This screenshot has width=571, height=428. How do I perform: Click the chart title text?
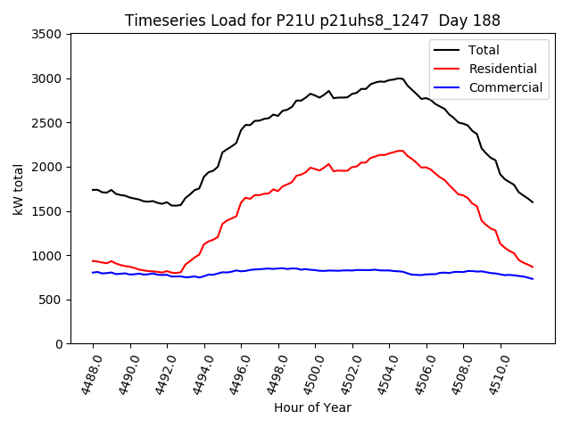[x=312, y=20]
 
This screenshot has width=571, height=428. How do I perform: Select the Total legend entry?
[x=484, y=50]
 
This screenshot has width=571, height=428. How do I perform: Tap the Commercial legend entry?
[x=505, y=87]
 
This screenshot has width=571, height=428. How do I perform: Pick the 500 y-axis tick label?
[x=53, y=300]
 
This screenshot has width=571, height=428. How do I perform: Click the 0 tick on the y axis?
[x=59, y=344]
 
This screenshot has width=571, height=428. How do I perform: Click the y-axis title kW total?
[x=18, y=188]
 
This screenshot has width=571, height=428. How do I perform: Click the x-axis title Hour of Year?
[x=312, y=408]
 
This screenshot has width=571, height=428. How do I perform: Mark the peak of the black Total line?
[x=399, y=78]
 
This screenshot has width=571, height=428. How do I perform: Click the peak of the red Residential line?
[x=399, y=151]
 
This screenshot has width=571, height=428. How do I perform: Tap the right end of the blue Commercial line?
[x=533, y=279]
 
